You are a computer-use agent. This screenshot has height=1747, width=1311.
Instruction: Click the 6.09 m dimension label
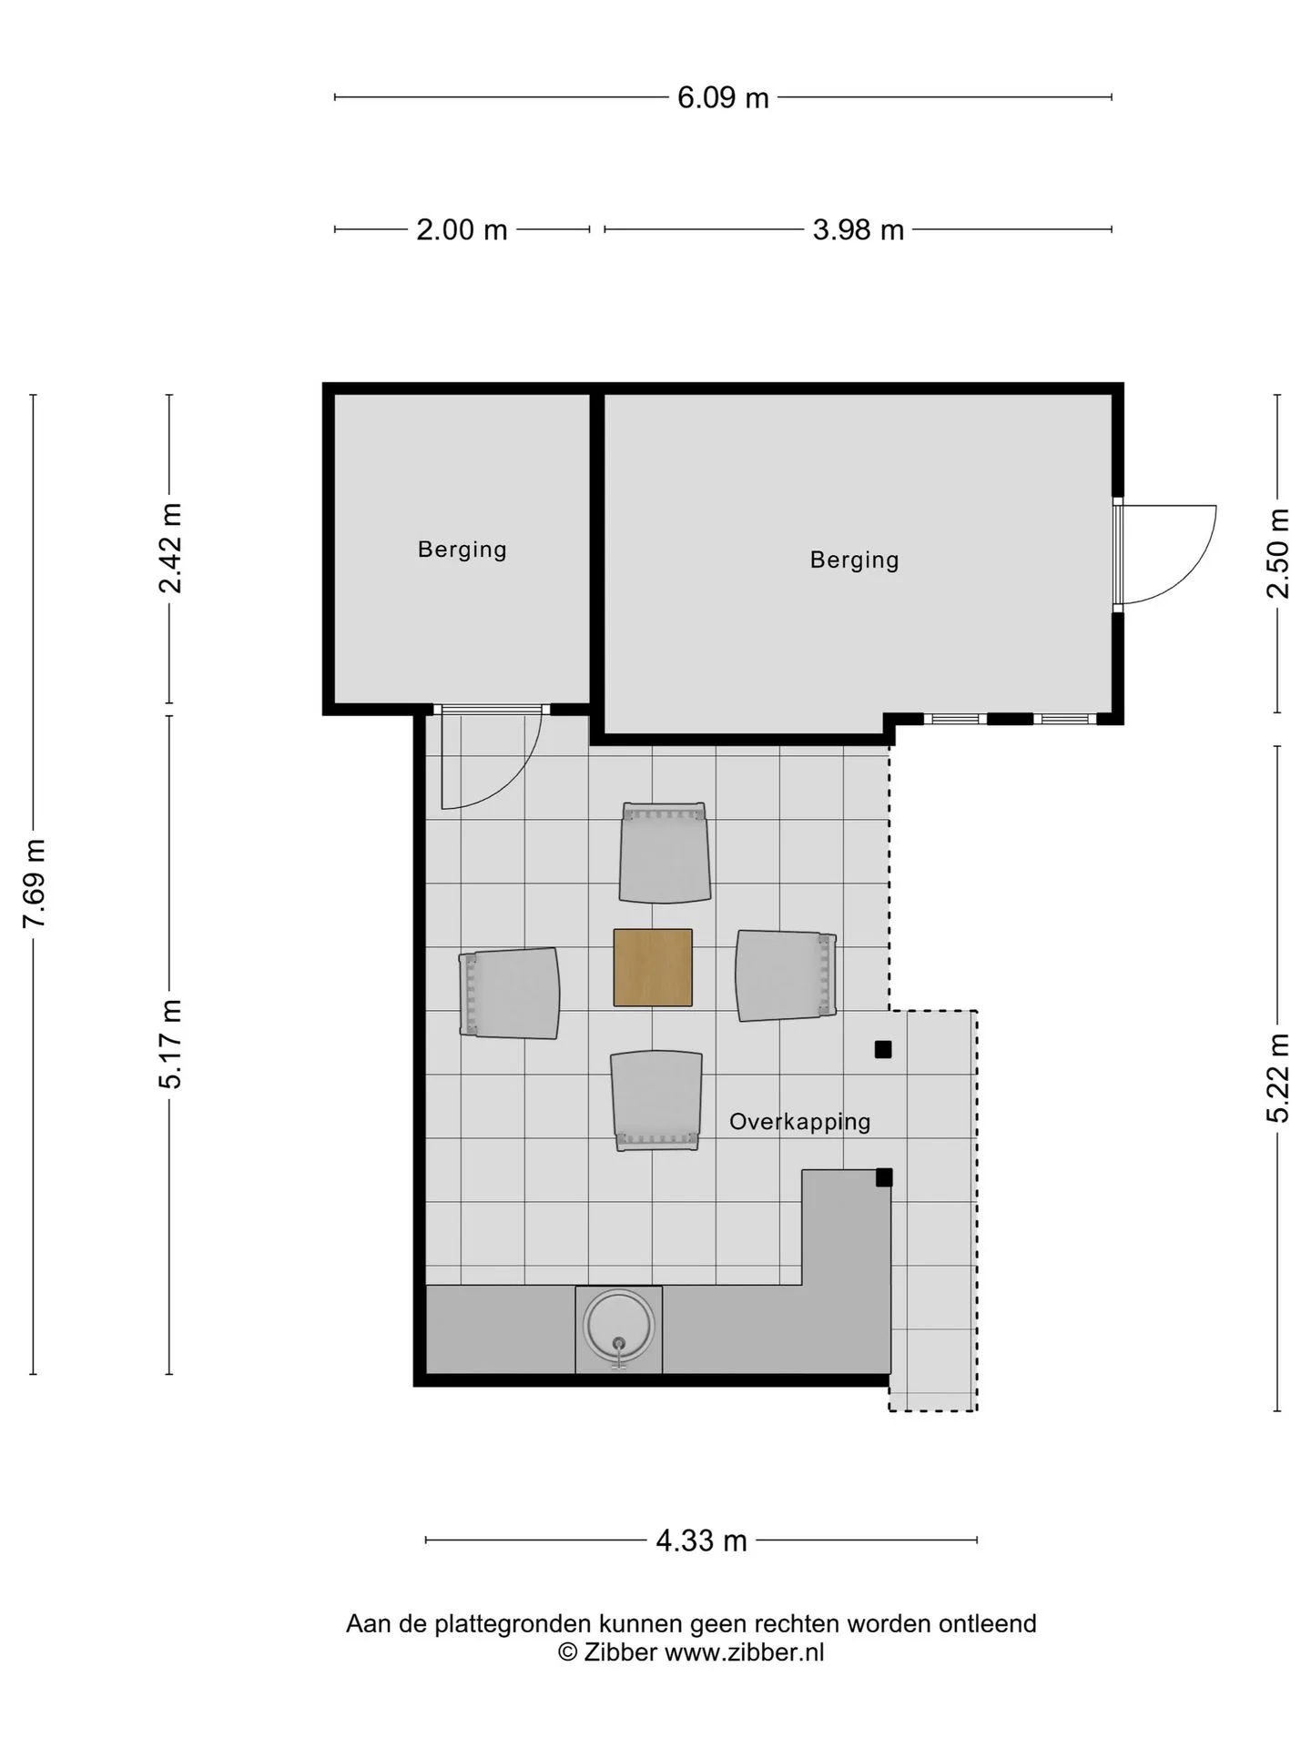click(x=723, y=97)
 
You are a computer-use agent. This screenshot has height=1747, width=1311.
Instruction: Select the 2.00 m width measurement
click(x=462, y=229)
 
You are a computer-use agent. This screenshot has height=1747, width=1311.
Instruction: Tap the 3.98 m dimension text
click(x=858, y=229)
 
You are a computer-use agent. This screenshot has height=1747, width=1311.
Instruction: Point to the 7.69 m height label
click(x=35, y=884)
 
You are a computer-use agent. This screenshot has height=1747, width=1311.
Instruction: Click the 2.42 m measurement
click(x=170, y=548)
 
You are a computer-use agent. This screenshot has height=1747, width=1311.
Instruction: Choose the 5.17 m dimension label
click(x=170, y=1044)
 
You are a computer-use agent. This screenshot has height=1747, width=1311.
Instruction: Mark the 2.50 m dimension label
click(x=1278, y=552)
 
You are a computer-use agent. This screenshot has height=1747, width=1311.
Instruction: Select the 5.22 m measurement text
click(x=1278, y=1077)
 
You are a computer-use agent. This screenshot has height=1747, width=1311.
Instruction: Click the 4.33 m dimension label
click(x=701, y=1540)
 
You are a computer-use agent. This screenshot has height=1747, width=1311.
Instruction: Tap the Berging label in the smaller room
click(x=462, y=550)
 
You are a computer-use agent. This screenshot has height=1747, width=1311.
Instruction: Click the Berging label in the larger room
click(x=854, y=560)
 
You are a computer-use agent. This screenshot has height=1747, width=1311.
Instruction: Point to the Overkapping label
click(x=799, y=1122)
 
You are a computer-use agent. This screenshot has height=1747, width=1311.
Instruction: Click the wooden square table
click(x=653, y=967)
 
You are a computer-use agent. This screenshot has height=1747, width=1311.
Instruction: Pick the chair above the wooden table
click(x=665, y=853)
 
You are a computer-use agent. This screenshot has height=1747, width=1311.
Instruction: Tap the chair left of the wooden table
click(x=509, y=993)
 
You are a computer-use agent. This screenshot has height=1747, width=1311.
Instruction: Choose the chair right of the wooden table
click(x=787, y=975)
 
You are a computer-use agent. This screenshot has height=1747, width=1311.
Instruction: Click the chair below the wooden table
click(x=656, y=1101)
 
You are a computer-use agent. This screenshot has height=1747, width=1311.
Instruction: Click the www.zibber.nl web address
click(x=744, y=1652)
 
